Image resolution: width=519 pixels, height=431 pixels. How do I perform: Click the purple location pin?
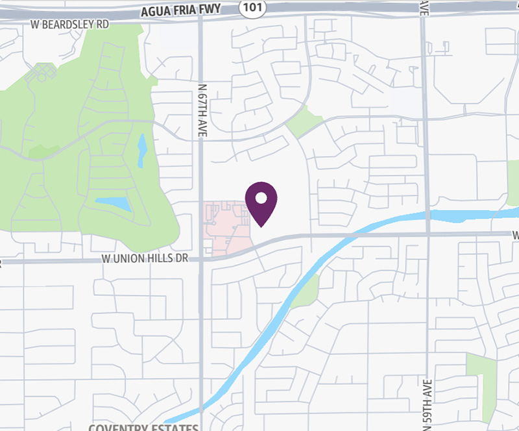(x=261, y=200)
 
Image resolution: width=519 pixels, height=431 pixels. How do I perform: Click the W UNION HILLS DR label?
(x=145, y=258)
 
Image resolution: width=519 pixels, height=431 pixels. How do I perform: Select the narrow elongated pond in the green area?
(x=142, y=151)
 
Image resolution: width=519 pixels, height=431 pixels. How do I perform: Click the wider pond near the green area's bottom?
(x=114, y=204)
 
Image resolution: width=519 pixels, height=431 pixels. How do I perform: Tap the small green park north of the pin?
(x=304, y=121)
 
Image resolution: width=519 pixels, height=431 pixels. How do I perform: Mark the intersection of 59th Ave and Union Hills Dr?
(x=428, y=234)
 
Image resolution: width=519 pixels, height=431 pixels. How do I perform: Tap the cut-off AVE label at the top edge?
(x=424, y=6)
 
